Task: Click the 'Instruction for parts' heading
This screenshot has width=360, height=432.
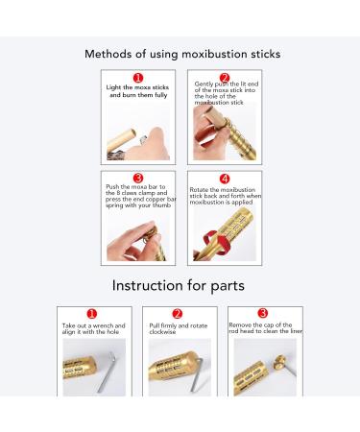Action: coord(180,284)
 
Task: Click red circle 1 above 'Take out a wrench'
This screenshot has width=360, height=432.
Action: coord(92,313)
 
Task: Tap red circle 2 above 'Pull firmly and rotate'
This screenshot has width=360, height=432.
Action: coord(178,313)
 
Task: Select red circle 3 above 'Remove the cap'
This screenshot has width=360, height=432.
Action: coord(263,313)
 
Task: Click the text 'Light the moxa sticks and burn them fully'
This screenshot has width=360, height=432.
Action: coord(137,91)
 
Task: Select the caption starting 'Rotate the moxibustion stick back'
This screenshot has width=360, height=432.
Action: coord(224,197)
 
